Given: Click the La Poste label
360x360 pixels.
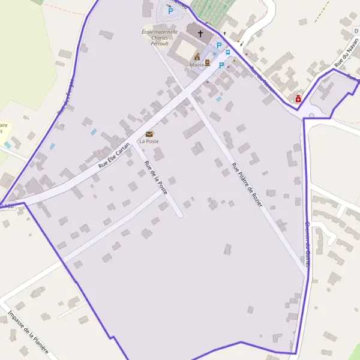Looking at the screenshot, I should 149,142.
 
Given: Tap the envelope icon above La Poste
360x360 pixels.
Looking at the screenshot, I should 149,134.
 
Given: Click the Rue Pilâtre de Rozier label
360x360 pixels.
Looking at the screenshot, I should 247,184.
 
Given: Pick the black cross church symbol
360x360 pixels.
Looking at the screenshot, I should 200,33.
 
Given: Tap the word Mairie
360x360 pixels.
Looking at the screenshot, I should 196,64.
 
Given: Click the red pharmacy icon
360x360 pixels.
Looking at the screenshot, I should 298,98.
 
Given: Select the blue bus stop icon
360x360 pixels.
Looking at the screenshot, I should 228,52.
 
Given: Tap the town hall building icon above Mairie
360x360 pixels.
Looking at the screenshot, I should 197,56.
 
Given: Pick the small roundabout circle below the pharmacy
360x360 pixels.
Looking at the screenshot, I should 311,115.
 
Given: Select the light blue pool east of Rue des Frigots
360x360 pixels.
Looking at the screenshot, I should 93,131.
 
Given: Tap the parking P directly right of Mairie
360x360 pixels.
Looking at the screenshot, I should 221,64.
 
